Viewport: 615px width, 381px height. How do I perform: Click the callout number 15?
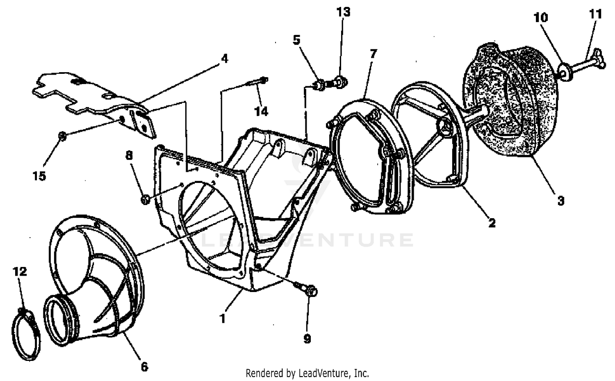click(x=39, y=176)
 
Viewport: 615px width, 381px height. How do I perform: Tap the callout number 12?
click(x=20, y=271)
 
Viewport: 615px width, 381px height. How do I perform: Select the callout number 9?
click(x=307, y=338)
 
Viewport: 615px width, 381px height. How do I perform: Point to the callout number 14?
click(x=261, y=111)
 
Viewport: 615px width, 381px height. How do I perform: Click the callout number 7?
click(x=373, y=54)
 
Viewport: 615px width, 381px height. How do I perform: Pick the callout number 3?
click(x=560, y=201)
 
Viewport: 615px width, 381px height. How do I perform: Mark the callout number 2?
click(x=492, y=223)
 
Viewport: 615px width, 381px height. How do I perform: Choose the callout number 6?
click(x=144, y=366)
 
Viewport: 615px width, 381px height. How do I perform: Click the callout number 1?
click(x=223, y=318)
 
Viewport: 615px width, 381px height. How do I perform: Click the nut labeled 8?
click(x=144, y=200)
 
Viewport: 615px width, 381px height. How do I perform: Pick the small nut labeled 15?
click(x=62, y=136)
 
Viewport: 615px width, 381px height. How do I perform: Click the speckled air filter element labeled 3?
click(x=512, y=107)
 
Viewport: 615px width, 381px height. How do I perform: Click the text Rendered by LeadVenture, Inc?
click(x=307, y=373)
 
